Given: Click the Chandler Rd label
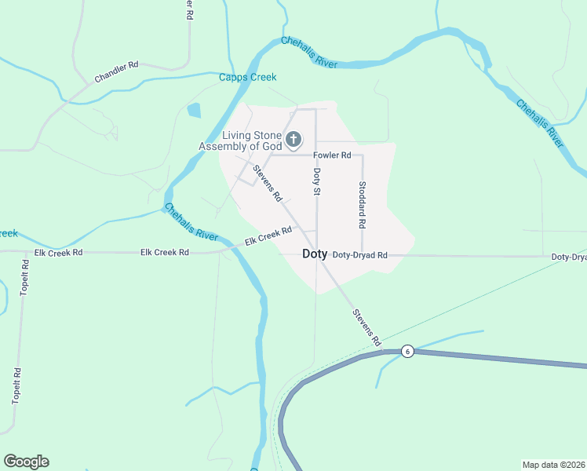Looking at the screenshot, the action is (x=116, y=72).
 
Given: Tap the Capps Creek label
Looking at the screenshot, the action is (x=247, y=77).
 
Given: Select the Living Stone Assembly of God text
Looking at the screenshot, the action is (x=239, y=141).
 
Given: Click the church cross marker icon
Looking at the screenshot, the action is (x=293, y=141).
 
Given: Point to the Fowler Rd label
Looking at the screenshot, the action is (x=332, y=155).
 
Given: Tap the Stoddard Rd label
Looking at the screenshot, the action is (x=362, y=205).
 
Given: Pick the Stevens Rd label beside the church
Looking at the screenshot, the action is (x=267, y=184).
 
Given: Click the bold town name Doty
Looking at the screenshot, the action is (x=315, y=254).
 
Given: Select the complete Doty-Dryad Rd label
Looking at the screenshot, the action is (x=359, y=255).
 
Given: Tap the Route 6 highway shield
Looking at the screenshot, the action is (x=407, y=351).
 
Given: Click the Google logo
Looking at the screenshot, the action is (x=26, y=462).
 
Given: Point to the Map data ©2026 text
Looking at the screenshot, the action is (x=553, y=464).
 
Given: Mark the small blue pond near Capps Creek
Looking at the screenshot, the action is (x=194, y=111).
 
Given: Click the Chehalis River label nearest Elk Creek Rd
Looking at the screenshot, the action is (x=190, y=222).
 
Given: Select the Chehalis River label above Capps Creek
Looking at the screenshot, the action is (x=309, y=52).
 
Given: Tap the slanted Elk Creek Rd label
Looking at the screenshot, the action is (x=268, y=235).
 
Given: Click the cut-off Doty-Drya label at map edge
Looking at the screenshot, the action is (x=568, y=257).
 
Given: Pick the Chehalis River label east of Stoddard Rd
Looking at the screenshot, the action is (x=539, y=123).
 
